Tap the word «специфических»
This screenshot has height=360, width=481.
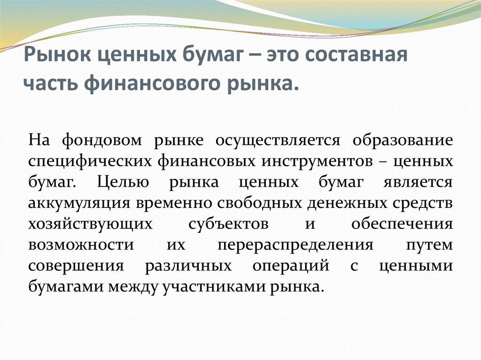point(89,161)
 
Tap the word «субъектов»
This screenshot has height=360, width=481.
point(228,224)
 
